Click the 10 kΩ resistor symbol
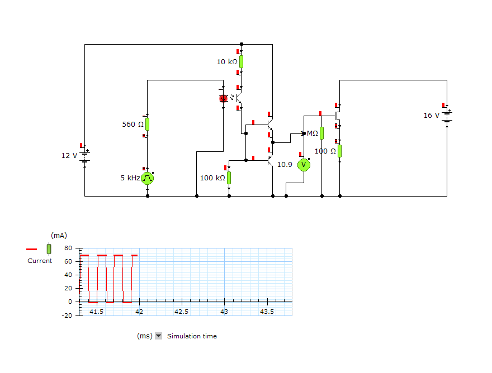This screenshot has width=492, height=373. (241, 62)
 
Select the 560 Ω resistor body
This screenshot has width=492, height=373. (147, 124)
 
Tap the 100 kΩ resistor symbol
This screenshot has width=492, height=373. (229, 178)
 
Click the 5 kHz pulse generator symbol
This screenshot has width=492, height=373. (148, 178)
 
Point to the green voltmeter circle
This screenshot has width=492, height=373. (304, 165)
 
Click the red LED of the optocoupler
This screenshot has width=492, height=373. (224, 98)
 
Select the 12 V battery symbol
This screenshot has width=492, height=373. (85, 156)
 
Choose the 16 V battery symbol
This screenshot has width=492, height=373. (447, 116)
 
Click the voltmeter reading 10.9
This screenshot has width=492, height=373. (285, 165)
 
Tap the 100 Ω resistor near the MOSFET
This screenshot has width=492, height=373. (339, 151)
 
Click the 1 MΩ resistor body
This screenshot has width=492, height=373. (321, 133)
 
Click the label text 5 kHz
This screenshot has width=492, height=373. (130, 178)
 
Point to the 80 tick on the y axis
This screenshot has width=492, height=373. (68, 248)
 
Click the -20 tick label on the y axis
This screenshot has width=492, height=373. (67, 315)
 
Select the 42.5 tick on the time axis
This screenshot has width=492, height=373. (181, 312)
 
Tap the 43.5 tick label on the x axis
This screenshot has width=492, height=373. (267, 312)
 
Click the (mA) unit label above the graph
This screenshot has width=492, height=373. (59, 236)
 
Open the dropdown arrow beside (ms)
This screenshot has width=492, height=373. (158, 336)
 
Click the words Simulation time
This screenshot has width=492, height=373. (192, 336)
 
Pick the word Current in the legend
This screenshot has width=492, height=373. (40, 261)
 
